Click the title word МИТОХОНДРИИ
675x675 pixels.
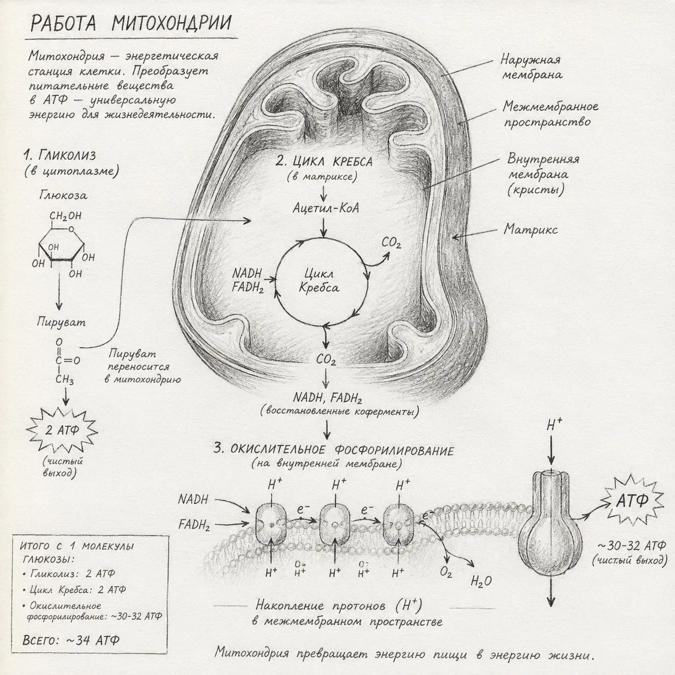tap(172, 24)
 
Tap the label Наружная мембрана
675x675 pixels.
tap(532, 67)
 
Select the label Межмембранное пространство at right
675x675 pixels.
tap(550, 114)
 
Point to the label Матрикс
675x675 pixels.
tap(530, 229)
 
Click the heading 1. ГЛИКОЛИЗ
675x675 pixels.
tap(60, 155)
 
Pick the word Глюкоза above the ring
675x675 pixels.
tap(63, 195)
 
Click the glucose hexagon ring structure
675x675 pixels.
tap(61, 245)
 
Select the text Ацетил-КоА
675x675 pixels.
tap(326, 208)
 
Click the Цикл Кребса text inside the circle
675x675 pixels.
tap(319, 280)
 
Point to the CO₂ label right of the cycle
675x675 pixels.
tap(391, 243)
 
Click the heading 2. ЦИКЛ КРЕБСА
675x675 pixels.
tap(324, 161)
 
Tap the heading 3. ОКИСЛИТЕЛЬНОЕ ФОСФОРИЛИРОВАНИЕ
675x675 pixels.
tap(334, 450)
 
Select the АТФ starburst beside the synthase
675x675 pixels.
tap(632, 502)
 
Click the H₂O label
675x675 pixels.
tap(481, 581)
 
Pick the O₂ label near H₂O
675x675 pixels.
tap(446, 572)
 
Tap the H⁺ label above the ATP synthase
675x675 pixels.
tap(554, 426)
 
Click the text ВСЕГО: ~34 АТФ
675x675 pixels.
tap(71, 640)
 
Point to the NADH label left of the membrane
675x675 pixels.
tap(193, 499)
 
